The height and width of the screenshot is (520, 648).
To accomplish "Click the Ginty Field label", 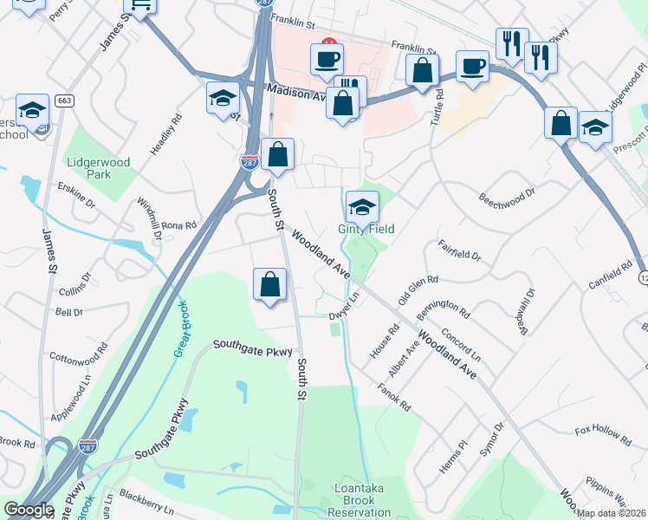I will point(366,229).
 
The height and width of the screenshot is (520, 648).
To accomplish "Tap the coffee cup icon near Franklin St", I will point(327,60).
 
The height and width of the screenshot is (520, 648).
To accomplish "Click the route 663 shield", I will point(63,101).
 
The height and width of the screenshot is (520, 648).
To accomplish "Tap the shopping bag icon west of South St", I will point(270,284).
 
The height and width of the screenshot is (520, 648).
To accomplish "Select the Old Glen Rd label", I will point(418,291).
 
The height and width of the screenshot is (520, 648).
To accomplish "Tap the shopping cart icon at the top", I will point(139,6).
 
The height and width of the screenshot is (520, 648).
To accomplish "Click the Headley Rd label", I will point(166,134).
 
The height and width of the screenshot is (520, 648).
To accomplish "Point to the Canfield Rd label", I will point(612,276).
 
